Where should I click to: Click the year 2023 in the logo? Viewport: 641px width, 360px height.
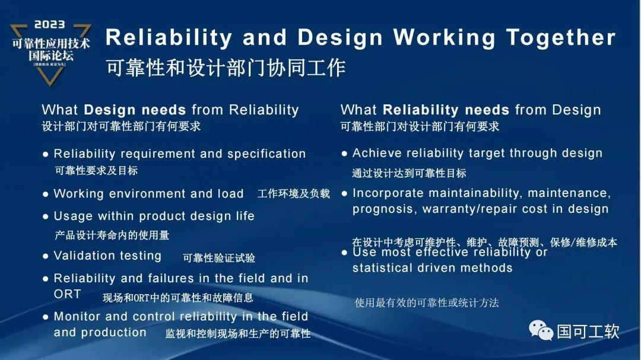click(50, 25)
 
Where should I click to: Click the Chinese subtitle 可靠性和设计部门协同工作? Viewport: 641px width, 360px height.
click(226, 68)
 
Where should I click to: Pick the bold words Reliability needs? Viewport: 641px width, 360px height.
click(446, 110)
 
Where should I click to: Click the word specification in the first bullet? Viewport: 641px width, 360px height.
click(266, 154)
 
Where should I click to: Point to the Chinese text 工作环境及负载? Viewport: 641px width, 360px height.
click(293, 194)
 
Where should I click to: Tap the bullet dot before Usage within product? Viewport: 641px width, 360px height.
click(46, 216)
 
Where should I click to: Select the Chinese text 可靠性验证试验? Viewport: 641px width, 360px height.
click(219, 258)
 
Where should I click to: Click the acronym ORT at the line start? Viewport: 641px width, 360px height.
click(67, 294)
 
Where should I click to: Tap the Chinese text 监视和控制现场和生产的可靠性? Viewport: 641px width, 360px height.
click(238, 334)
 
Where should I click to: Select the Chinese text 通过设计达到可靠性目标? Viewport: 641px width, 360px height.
click(409, 173)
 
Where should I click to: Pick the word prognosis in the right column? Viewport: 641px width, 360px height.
click(383, 209)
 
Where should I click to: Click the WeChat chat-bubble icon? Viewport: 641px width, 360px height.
click(541, 330)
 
